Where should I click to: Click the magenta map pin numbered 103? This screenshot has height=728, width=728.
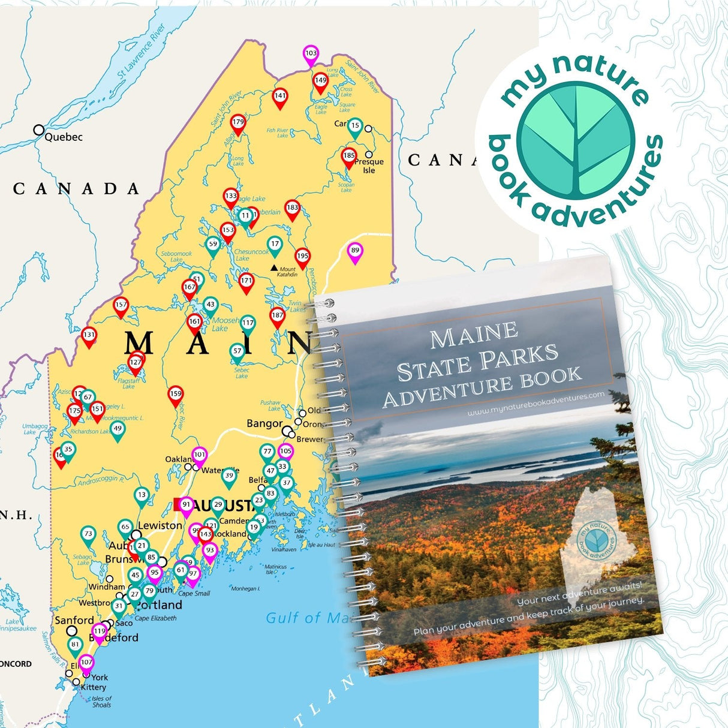311,54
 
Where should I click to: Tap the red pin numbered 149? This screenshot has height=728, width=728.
320,81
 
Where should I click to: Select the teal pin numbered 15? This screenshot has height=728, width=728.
355,127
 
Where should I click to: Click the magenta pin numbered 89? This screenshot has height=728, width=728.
355,251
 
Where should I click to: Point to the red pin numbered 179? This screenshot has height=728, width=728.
238,123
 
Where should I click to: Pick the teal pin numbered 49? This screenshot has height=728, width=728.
118,429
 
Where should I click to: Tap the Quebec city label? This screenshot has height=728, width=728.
63,137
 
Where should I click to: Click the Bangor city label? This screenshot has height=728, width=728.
264,423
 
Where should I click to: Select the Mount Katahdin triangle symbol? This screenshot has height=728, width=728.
274,267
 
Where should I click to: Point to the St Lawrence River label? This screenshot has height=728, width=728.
142,52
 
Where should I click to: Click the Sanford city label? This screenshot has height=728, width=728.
74,620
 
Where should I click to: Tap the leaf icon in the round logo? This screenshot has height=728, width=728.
575,142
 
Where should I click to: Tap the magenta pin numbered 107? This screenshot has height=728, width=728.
86,663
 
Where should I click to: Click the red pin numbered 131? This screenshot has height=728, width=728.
89,336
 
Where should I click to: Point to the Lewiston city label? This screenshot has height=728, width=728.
160,525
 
